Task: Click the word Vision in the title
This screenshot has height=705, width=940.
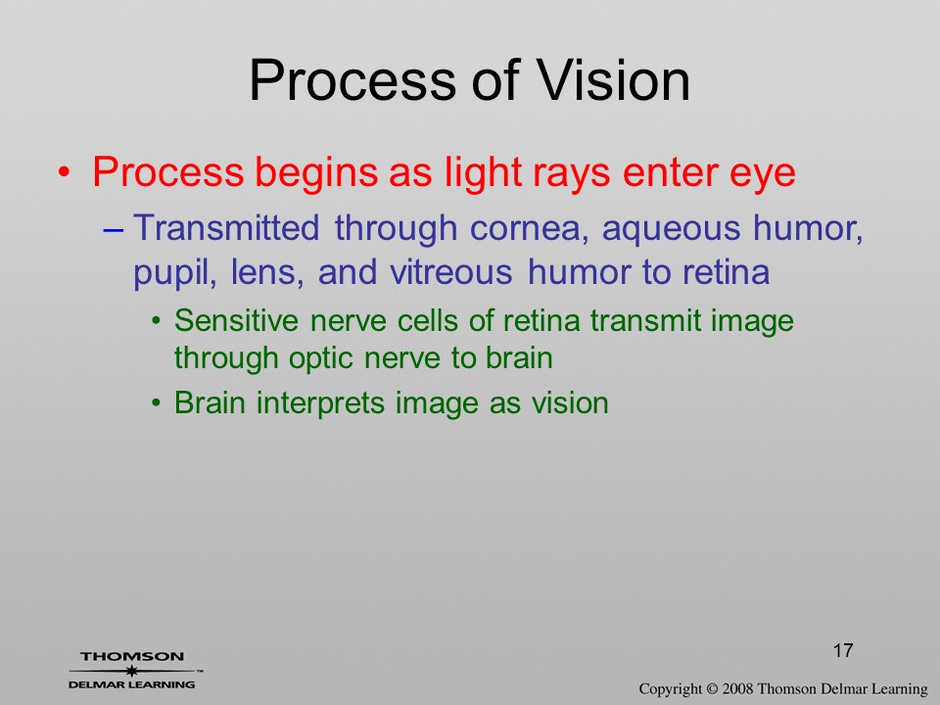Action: click(x=613, y=80)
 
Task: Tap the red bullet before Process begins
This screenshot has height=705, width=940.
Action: click(x=65, y=172)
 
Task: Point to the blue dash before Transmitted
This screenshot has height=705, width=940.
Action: click(x=114, y=229)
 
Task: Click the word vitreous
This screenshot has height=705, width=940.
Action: click(x=450, y=273)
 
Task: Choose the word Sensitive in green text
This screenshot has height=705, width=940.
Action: click(x=236, y=321)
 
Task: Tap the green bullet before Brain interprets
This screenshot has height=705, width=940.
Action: click(x=157, y=402)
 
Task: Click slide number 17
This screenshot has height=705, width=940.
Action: click(x=843, y=650)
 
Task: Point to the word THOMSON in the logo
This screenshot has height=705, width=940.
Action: click(x=132, y=656)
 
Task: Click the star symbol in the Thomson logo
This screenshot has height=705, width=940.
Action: click(x=131, y=671)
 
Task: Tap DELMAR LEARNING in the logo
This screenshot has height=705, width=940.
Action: click(x=132, y=684)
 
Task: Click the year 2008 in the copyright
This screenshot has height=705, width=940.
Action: click(x=736, y=688)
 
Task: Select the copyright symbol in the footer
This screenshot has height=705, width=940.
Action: click(x=712, y=688)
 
